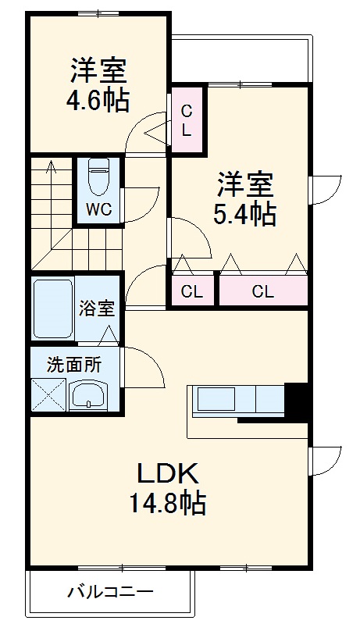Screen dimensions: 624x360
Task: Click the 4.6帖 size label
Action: click(x=98, y=102)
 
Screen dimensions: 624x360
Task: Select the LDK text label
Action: click(x=169, y=473)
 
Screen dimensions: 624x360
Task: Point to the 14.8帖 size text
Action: click(x=169, y=504)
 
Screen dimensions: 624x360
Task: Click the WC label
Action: click(x=98, y=209)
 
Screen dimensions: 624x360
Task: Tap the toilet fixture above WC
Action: click(x=98, y=177)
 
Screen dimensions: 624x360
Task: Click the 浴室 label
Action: click(x=97, y=308)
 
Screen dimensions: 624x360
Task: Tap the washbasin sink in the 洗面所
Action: click(x=87, y=394)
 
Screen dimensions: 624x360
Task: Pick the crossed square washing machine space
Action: click(x=47, y=394)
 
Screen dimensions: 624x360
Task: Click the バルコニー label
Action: click(x=109, y=592)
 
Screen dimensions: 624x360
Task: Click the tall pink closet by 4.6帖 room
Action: click(x=187, y=120)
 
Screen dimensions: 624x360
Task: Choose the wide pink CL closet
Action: click(x=262, y=292)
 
